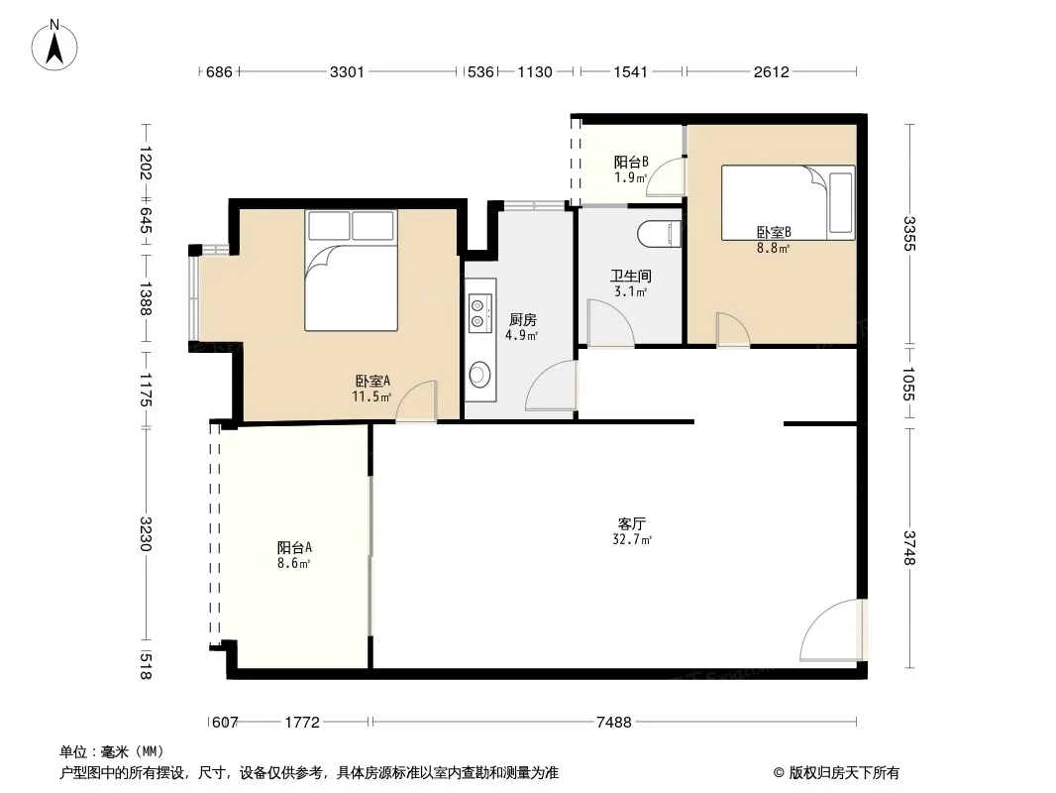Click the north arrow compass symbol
coord(54,46)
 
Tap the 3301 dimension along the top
coord(347,71)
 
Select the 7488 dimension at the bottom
coord(613,723)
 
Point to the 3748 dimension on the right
coord(909,547)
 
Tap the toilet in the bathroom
coord(660,233)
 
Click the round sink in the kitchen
coord(479,375)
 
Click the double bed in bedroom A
coord(351,271)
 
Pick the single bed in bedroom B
coord(788,203)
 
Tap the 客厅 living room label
coord(632,523)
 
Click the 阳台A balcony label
coord(294,547)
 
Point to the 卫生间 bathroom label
coord(630,276)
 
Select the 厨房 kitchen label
coord(523,319)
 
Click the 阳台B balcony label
coord(631,162)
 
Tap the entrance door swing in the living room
coord(832,630)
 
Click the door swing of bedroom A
coord(416,401)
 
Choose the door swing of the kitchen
coord(551,386)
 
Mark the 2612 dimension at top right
coord(771,71)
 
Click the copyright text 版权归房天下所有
coord(844,773)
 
